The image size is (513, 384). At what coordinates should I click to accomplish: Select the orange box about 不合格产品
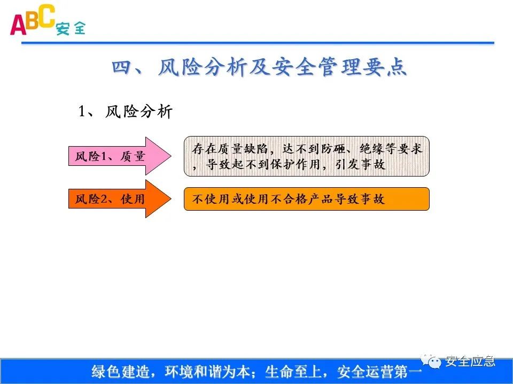click(x=306, y=199)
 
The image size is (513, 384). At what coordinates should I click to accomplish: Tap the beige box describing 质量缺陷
click(x=306, y=156)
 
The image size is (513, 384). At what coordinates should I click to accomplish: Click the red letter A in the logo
click(x=18, y=25)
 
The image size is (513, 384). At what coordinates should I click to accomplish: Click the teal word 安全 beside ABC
click(x=71, y=28)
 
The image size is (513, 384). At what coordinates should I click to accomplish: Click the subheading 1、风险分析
click(x=125, y=112)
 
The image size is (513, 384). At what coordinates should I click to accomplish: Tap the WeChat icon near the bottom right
click(x=434, y=362)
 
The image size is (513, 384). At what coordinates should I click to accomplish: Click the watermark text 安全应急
click(x=470, y=362)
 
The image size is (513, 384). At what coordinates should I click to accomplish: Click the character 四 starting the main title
click(x=122, y=68)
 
